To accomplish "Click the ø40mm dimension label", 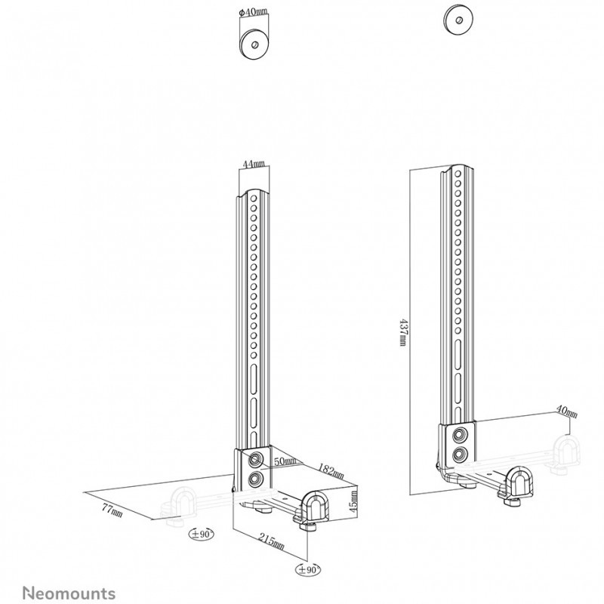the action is pyautogui.click(x=253, y=12).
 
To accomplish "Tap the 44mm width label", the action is pyautogui.click(x=254, y=164).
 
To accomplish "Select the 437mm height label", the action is pyautogui.click(x=402, y=332).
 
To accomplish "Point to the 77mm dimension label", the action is pyautogui.click(x=112, y=510).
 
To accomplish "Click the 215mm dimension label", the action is pyautogui.click(x=272, y=541).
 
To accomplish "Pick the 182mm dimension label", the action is pyautogui.click(x=331, y=470).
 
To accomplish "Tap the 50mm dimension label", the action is pyautogui.click(x=285, y=461).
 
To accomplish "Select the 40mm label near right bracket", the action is pyautogui.click(x=567, y=411).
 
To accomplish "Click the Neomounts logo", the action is pyautogui.click(x=69, y=593).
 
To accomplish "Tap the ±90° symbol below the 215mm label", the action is pyautogui.click(x=308, y=569).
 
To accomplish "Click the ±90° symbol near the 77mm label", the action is pyautogui.click(x=201, y=535).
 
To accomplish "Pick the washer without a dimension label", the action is pyautogui.click(x=458, y=20).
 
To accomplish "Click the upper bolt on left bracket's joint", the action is pyautogui.click(x=254, y=460).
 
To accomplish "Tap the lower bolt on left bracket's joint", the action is pyautogui.click(x=254, y=479).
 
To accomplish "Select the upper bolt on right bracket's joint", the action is pyautogui.click(x=458, y=435).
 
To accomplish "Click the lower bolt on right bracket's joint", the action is pyautogui.click(x=458, y=455).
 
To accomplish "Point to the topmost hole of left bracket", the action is pyautogui.click(x=254, y=199).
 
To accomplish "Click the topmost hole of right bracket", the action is pyautogui.click(x=458, y=174).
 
